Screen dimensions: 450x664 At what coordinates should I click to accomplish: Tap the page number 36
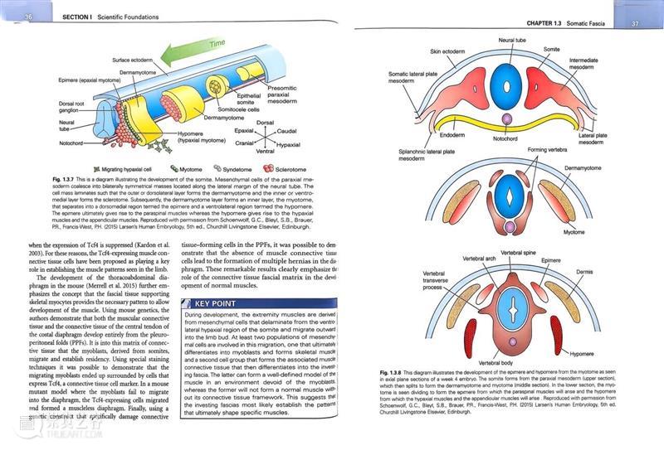(x=31, y=17)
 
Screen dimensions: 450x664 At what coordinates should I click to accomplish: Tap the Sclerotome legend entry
(x=286, y=167)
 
